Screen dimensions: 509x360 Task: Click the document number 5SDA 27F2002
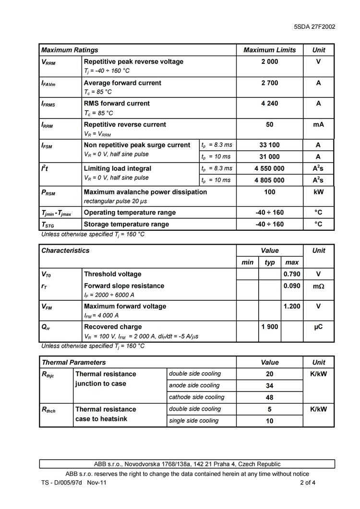click(314, 27)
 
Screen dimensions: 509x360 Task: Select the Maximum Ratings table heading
click(70, 50)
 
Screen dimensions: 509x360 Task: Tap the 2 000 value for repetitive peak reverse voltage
click(269, 61)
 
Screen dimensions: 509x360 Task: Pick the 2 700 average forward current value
click(269, 83)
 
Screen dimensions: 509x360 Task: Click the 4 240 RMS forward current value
click(269, 103)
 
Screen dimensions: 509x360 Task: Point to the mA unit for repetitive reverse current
click(318, 124)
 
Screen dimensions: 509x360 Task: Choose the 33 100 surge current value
click(269, 145)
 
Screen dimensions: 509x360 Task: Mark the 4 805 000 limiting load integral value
click(269, 180)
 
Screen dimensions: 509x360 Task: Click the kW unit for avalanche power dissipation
click(318, 192)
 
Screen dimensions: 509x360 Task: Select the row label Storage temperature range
click(126, 224)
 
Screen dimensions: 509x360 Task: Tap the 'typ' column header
click(270, 262)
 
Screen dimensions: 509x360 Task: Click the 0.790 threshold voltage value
click(292, 274)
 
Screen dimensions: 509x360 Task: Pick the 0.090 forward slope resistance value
click(292, 285)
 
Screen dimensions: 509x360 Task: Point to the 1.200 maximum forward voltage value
click(292, 306)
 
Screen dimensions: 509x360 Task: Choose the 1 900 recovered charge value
click(270, 327)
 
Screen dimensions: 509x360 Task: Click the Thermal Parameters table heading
click(73, 362)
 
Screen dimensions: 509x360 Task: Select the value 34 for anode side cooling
click(269, 386)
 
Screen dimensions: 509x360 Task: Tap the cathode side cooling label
click(196, 397)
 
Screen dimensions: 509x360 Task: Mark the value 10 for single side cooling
click(269, 421)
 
